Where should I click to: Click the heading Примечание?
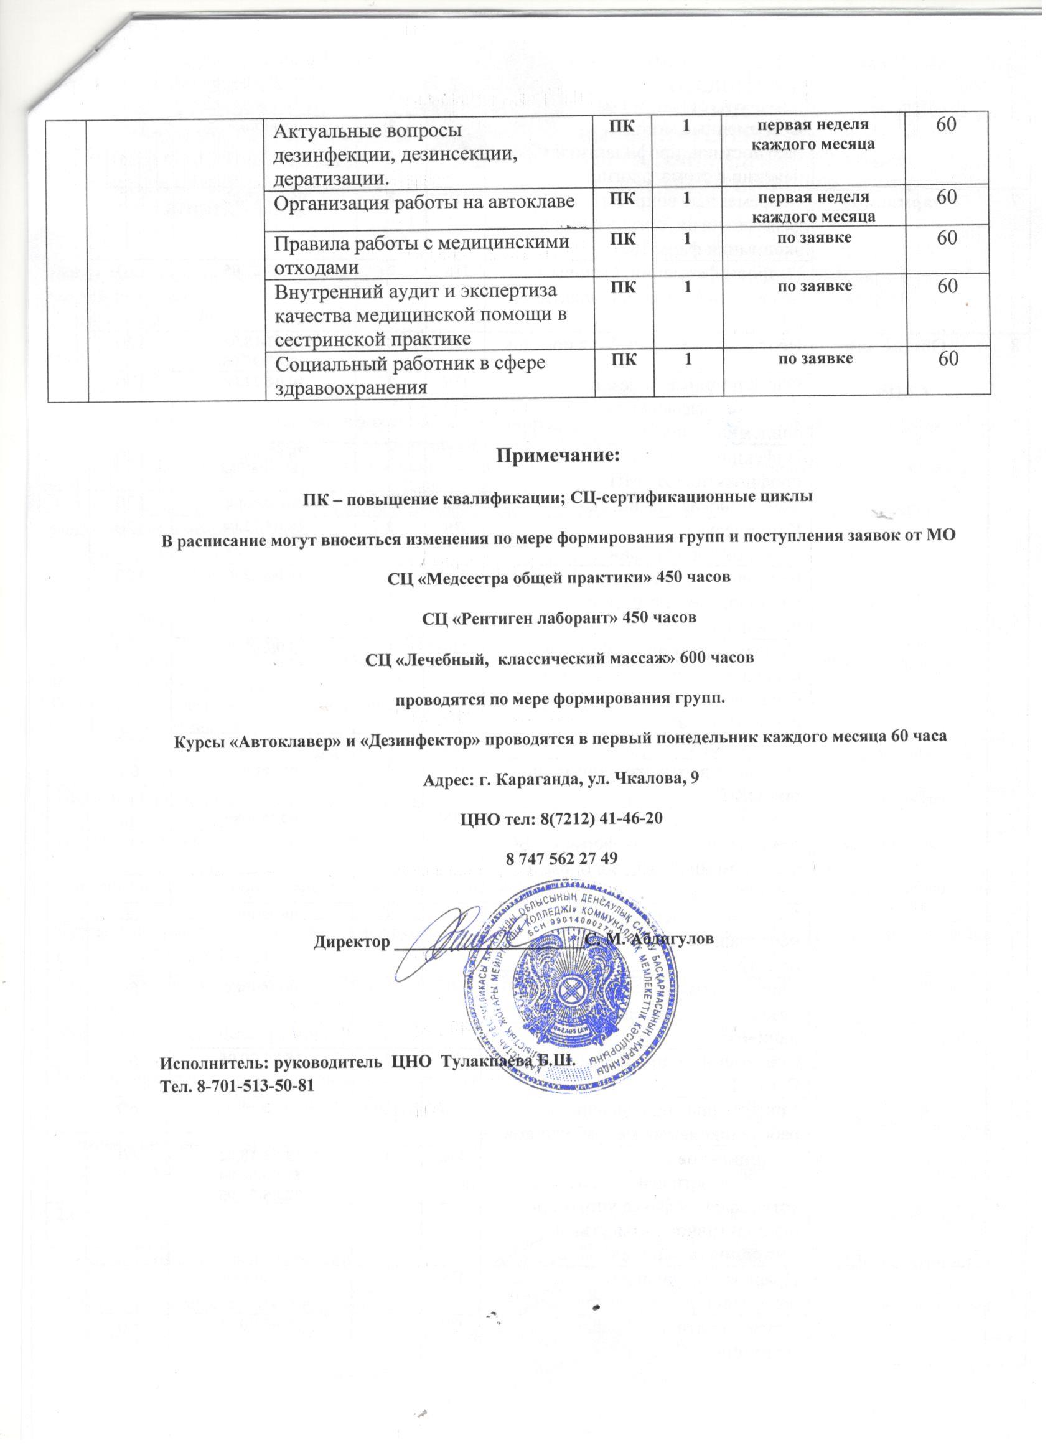point(558,457)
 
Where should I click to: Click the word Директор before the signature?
point(352,941)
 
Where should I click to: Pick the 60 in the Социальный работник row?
point(948,359)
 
